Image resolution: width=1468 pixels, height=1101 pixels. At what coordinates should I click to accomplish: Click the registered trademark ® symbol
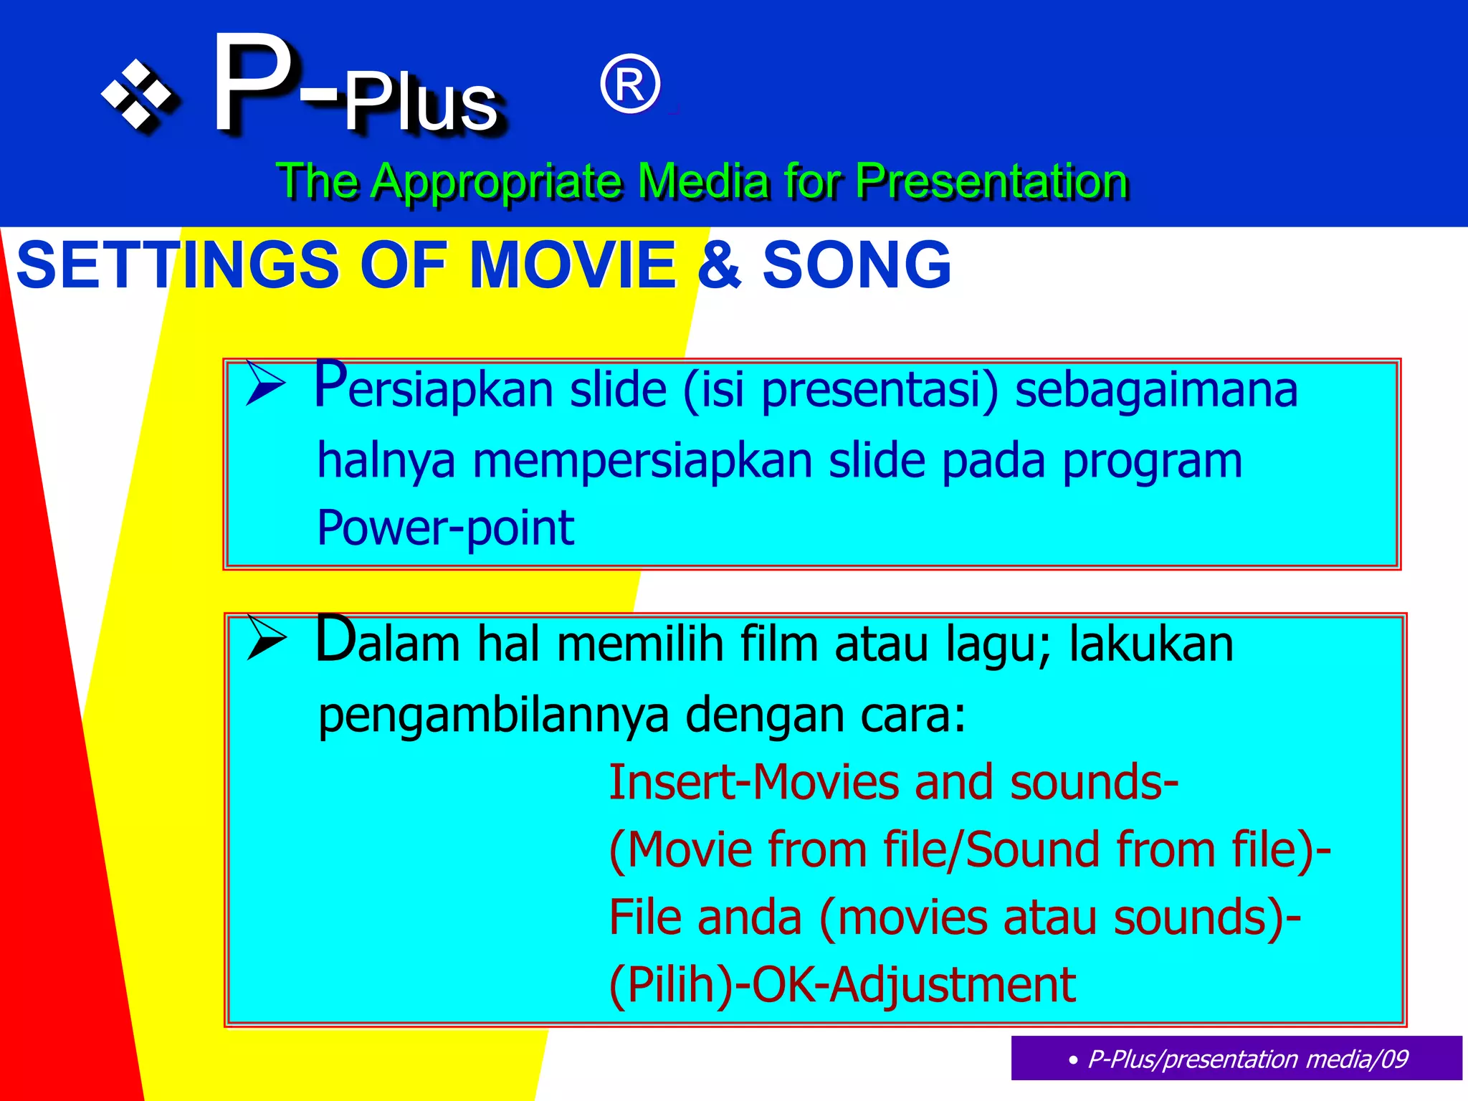pyautogui.click(x=629, y=85)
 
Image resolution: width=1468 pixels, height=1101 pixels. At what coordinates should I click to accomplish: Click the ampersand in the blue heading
pyautogui.click(x=719, y=264)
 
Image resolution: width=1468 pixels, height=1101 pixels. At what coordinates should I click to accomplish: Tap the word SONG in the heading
pyautogui.click(x=857, y=264)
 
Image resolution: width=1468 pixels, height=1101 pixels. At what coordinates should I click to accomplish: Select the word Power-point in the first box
pyautogui.click(x=445, y=528)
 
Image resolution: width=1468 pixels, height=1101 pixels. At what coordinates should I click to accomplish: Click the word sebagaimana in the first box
pyautogui.click(x=1155, y=390)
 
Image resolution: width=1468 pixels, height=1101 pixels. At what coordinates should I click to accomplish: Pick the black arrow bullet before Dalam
pyautogui.click(x=266, y=637)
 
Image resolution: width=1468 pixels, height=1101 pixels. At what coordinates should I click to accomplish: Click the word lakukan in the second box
pyautogui.click(x=1150, y=643)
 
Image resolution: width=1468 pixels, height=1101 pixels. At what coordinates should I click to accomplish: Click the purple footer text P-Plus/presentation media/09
pyautogui.click(x=1247, y=1059)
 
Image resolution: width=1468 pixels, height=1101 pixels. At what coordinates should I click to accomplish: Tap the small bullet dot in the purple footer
pyautogui.click(x=1072, y=1060)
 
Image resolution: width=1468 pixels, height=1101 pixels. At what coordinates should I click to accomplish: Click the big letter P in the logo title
pyautogui.click(x=252, y=84)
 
